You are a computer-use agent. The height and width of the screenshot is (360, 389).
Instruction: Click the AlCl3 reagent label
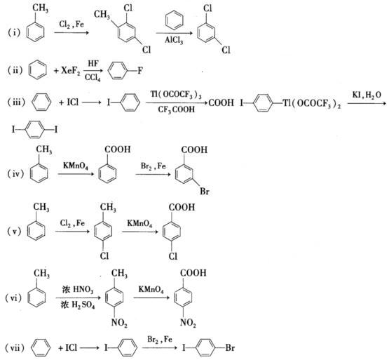click(x=174, y=40)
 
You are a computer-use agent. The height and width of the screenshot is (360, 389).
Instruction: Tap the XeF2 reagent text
click(x=71, y=71)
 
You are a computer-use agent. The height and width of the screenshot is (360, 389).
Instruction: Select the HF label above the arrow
click(x=93, y=64)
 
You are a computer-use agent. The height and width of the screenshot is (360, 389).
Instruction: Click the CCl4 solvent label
click(x=93, y=78)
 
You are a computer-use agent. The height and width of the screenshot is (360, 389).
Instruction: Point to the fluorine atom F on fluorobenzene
click(x=140, y=71)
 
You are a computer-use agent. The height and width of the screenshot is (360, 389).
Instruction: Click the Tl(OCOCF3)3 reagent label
click(x=176, y=95)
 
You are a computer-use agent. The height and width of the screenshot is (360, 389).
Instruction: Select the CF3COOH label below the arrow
click(x=176, y=109)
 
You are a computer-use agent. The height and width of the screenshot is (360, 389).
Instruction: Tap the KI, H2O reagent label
click(x=367, y=95)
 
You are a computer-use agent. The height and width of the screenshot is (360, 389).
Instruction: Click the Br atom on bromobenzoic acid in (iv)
click(x=205, y=192)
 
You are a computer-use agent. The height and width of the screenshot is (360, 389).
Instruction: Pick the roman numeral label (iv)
click(x=15, y=173)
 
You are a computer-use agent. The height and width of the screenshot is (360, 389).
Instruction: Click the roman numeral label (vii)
click(x=15, y=348)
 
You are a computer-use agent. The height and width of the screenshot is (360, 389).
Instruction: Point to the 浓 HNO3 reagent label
click(x=78, y=290)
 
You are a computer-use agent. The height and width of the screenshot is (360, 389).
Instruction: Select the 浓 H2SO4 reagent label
click(x=78, y=305)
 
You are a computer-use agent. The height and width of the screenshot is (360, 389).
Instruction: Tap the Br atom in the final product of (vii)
click(x=230, y=347)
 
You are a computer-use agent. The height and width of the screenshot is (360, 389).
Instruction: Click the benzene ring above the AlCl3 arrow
click(x=175, y=20)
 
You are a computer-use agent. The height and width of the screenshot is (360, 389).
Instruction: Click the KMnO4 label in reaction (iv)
click(x=76, y=166)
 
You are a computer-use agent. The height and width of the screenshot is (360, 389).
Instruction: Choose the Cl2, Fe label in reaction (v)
click(x=72, y=223)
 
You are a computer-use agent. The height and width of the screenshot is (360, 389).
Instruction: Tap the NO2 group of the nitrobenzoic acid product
click(x=188, y=323)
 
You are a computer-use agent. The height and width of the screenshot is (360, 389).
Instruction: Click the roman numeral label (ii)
click(x=15, y=70)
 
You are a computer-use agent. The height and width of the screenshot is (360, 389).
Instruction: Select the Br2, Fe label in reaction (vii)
click(x=160, y=340)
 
